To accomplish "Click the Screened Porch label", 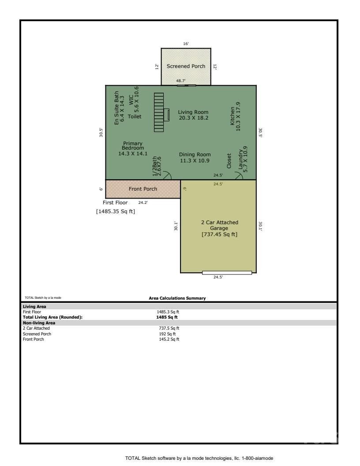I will pos(186,66).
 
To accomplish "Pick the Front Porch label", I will pos(142,189).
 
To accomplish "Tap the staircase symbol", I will pos(158,112).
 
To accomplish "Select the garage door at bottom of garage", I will pos(227,273).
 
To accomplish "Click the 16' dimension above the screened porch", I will pos(186,44).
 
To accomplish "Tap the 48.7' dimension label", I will pos(181,81).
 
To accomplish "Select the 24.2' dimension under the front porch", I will pos(143,203).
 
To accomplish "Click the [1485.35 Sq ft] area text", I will pos(116,211).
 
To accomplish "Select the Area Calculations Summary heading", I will pos(177,298).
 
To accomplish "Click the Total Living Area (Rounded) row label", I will pos(52,317).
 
